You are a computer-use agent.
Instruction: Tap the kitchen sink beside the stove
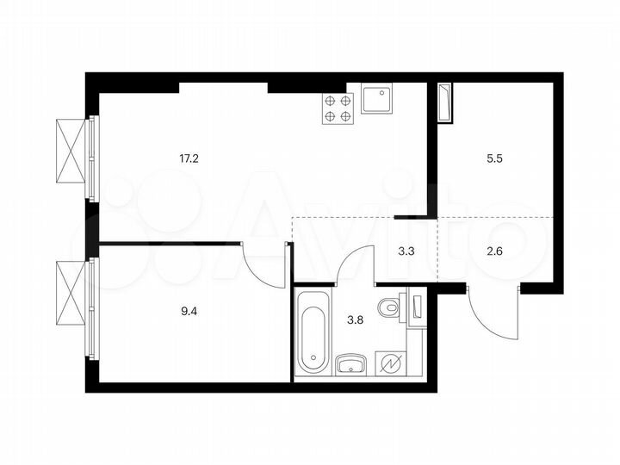[377, 101]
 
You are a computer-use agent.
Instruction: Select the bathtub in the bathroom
[312, 331]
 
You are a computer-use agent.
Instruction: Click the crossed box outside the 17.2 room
[71, 151]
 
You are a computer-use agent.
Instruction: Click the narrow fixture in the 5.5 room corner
[444, 103]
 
